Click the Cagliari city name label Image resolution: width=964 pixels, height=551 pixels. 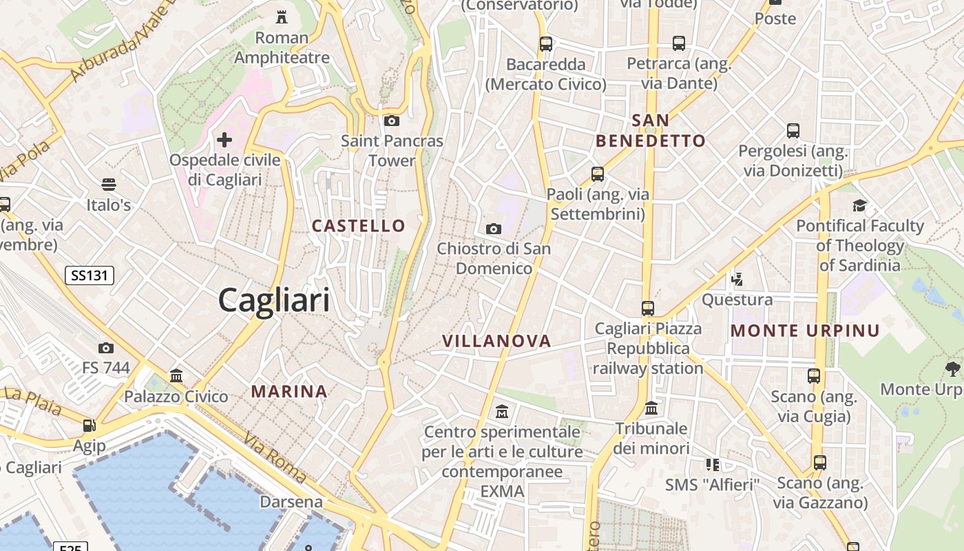pos(274,301)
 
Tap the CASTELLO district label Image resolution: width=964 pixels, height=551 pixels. pos(359,226)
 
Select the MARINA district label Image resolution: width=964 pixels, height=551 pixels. pos(289,392)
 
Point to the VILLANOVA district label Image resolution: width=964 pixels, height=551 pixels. pos(496,341)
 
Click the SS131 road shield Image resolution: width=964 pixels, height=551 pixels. pos(90,276)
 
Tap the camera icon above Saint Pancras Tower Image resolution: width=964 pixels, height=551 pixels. pos(391,121)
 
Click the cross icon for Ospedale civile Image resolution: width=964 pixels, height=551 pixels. pos(224,141)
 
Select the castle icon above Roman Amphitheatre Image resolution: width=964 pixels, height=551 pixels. pos(281,17)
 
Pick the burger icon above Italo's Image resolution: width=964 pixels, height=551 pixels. pos(108,185)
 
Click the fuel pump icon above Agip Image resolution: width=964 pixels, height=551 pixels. pos(89,426)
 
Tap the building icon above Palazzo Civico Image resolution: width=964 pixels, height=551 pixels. pos(176,376)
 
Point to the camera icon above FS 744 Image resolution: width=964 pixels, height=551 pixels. pos(105,348)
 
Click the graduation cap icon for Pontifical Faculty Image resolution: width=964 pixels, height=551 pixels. pos(859,205)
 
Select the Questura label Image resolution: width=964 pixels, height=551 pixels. pos(737,300)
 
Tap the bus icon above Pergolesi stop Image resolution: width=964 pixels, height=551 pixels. pos(793,130)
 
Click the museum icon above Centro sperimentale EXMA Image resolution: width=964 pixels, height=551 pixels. pos(502,412)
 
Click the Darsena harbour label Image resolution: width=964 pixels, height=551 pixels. pos(291,501)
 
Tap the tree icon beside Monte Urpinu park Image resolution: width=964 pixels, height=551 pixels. pos(953,369)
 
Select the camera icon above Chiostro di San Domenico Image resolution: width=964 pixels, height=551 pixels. pos(493,229)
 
